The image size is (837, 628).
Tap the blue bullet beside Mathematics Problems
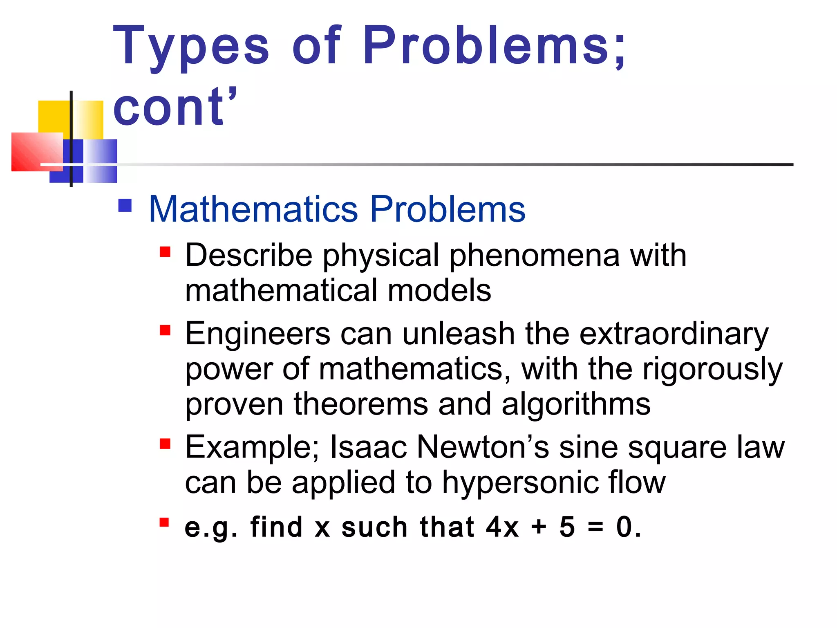(x=125, y=205)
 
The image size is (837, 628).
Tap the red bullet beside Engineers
(x=165, y=330)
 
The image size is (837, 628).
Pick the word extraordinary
(x=674, y=334)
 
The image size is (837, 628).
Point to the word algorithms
(x=576, y=404)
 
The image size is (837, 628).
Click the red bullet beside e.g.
(x=164, y=523)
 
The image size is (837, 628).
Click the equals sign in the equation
(x=595, y=527)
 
